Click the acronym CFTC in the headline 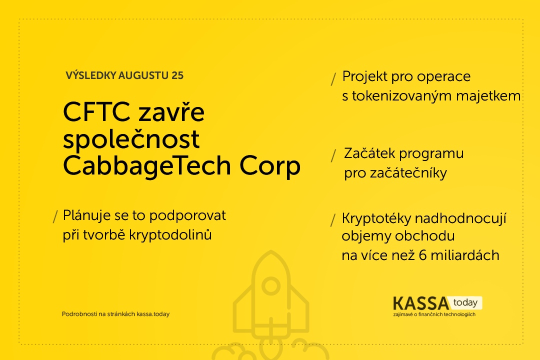pyautogui.click(x=97, y=111)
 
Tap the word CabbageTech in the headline pyautogui.click(x=147, y=166)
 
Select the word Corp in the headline pyautogui.click(x=270, y=167)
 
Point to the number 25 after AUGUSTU pyautogui.click(x=177, y=75)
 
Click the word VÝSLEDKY pyautogui.click(x=90, y=75)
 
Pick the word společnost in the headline pyautogui.click(x=131, y=140)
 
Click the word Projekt pyautogui.click(x=364, y=77)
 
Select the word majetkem pyautogui.click(x=488, y=96)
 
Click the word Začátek pyautogui.click(x=369, y=153)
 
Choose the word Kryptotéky pyautogui.click(x=376, y=219)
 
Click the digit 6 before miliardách pyautogui.click(x=423, y=255)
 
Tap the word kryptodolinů pyautogui.click(x=170, y=235)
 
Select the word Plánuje pyautogui.click(x=87, y=216)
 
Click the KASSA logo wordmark pyautogui.click(x=421, y=303)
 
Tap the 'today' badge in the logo pyautogui.click(x=465, y=303)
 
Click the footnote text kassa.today pyautogui.click(x=153, y=314)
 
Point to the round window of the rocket pyautogui.click(x=271, y=286)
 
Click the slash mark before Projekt pyautogui.click(x=333, y=79)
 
